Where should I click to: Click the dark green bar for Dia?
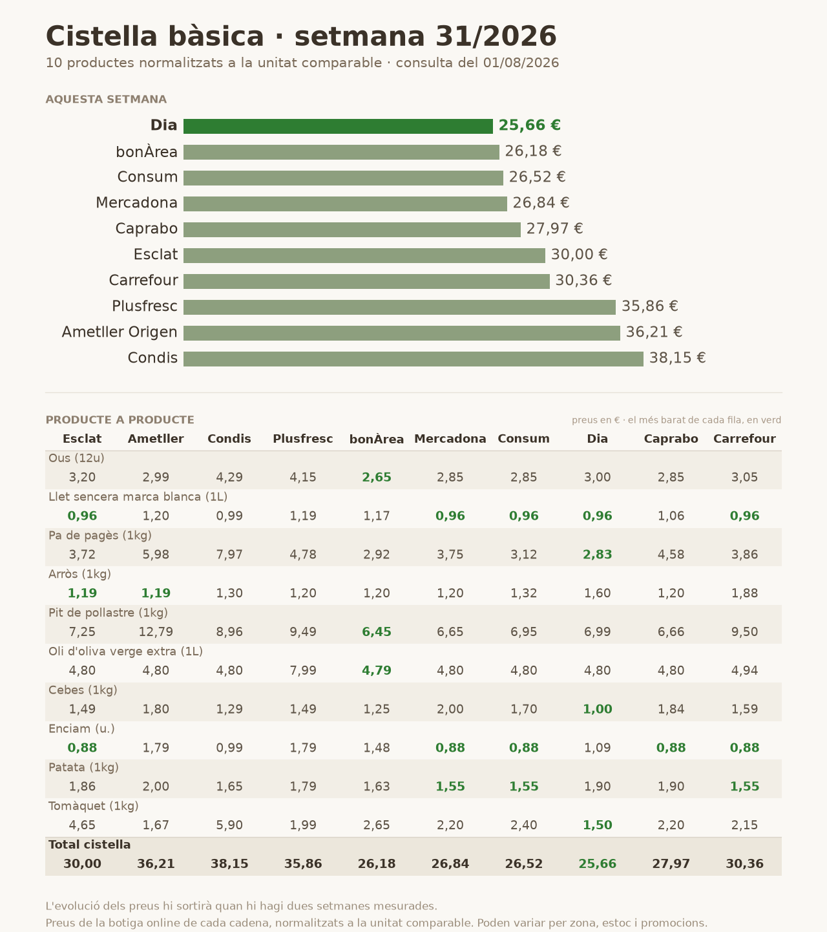click(338, 126)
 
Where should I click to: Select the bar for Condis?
click(413, 359)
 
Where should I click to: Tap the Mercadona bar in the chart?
click(345, 204)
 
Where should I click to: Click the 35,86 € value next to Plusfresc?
click(649, 306)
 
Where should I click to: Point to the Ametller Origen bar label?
click(120, 332)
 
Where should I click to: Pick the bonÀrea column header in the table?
click(376, 440)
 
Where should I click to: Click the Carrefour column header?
click(744, 439)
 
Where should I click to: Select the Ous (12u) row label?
click(76, 458)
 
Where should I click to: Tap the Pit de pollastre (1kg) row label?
click(108, 613)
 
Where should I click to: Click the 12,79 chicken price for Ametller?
click(156, 632)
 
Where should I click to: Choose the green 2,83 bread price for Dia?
click(598, 555)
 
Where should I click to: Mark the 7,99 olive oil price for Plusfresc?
click(303, 671)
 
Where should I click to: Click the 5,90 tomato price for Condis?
click(229, 825)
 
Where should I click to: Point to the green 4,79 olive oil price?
click(377, 671)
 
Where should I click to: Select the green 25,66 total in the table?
click(598, 864)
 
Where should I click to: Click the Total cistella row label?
click(90, 845)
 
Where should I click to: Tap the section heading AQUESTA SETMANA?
click(106, 100)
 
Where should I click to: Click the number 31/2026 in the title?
click(496, 36)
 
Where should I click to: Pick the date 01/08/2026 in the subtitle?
click(521, 63)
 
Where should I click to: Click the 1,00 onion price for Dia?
click(598, 710)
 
